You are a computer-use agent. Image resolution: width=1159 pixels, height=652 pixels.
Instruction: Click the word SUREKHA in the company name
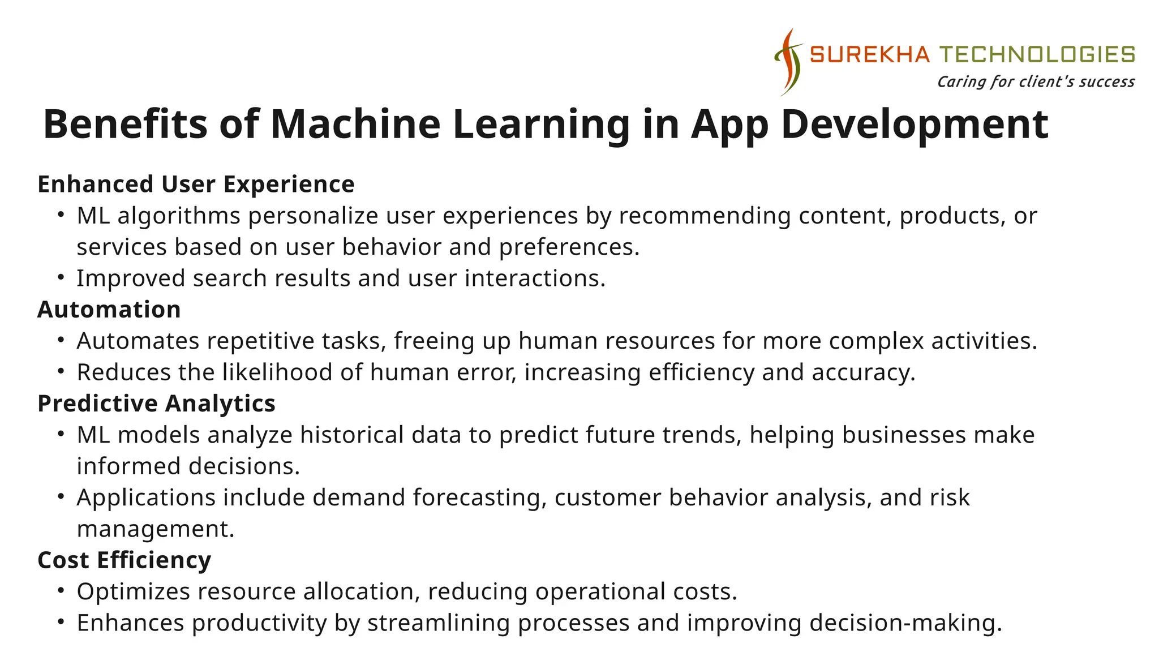pyautogui.click(x=870, y=55)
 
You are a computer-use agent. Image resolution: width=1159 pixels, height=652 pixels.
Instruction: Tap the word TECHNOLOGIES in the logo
pyautogui.click(x=1037, y=55)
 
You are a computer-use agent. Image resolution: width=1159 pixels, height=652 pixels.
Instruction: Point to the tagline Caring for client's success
pyautogui.click(x=1036, y=82)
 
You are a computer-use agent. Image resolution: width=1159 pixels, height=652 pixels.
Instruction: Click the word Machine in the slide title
pyautogui.click(x=355, y=124)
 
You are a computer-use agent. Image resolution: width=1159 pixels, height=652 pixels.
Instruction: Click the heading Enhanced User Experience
pyautogui.click(x=196, y=185)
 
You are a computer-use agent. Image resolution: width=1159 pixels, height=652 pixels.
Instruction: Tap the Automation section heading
pyautogui.click(x=109, y=310)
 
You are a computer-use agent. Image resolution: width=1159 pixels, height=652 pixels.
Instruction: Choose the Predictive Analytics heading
pyautogui.click(x=156, y=404)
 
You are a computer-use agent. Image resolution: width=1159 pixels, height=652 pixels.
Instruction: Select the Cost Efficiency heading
pyautogui.click(x=124, y=560)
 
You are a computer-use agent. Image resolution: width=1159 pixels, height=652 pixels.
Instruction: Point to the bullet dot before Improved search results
pyautogui.click(x=61, y=278)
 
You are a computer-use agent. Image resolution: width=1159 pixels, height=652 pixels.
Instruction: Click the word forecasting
pyautogui.click(x=479, y=498)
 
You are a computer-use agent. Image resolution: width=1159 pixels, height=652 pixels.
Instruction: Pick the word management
pyautogui.click(x=155, y=529)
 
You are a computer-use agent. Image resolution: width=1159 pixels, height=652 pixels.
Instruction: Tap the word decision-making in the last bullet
pyautogui.click(x=905, y=623)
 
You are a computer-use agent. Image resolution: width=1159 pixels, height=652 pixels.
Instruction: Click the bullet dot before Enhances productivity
pyautogui.click(x=61, y=622)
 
